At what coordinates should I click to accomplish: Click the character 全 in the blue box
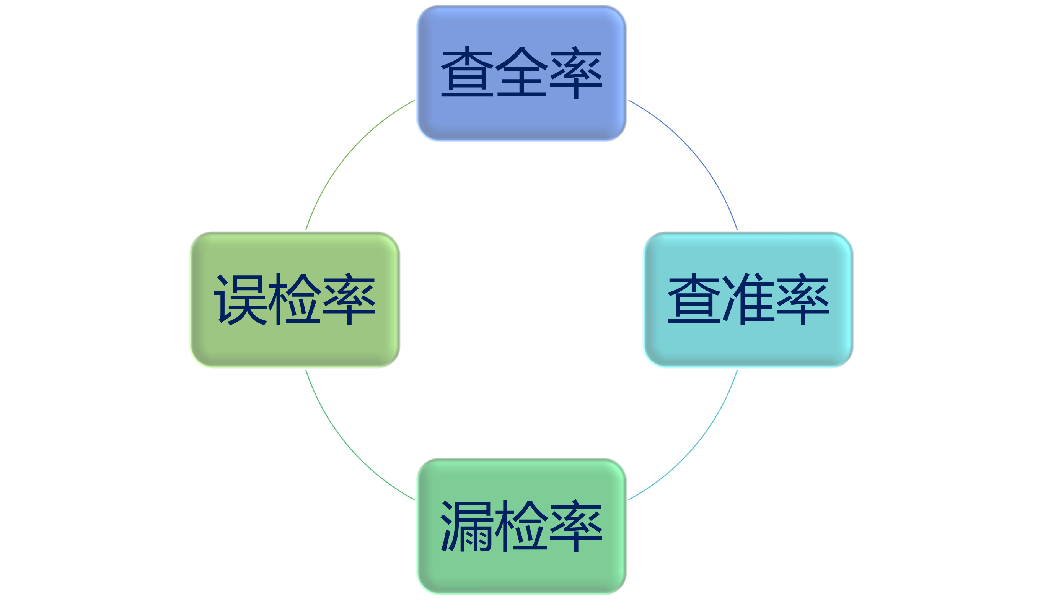[x=521, y=72]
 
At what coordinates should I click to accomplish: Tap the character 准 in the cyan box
[x=748, y=299]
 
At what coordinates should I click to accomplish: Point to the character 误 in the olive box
[x=240, y=299]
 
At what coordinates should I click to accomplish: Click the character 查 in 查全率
[x=467, y=72]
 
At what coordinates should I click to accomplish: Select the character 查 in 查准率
[x=694, y=299]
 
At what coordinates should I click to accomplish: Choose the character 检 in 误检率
[x=295, y=299]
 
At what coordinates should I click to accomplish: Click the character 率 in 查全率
[x=576, y=72]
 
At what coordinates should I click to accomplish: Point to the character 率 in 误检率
[x=349, y=299]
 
